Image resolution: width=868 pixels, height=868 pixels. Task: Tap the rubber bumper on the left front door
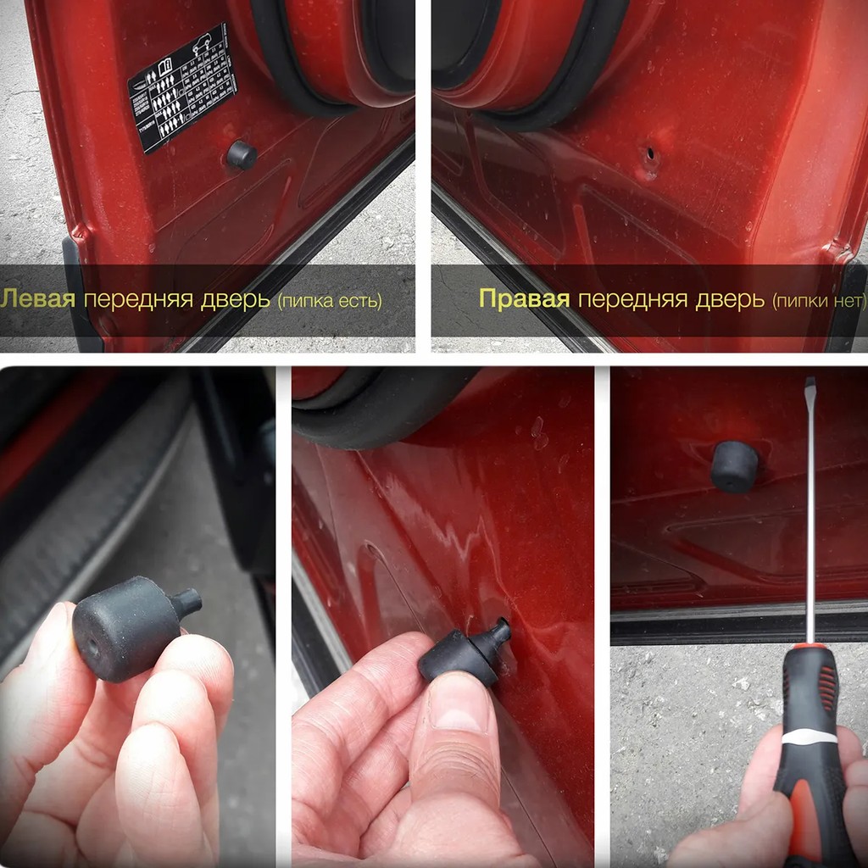click(x=242, y=155)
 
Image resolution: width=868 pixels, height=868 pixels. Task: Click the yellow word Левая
click(x=38, y=298)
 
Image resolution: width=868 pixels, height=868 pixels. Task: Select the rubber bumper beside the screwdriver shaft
click(x=734, y=466)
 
